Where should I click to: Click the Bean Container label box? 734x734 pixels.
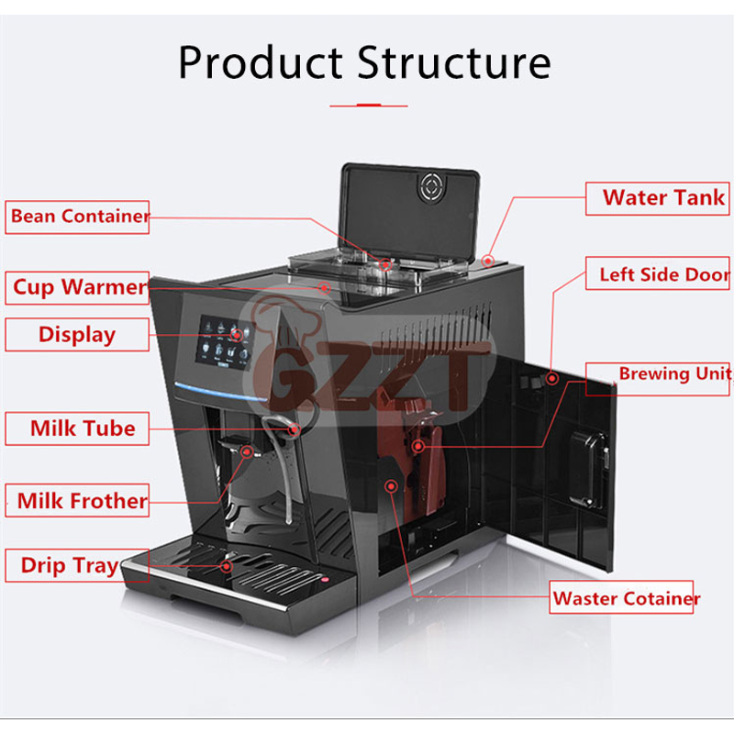(x=77, y=217)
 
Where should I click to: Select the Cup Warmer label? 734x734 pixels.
(x=77, y=288)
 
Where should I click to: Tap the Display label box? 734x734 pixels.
(x=77, y=335)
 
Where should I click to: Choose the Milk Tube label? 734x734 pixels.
(x=77, y=428)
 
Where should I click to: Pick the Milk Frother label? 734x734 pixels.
(x=77, y=500)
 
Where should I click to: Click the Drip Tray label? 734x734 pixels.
(x=77, y=565)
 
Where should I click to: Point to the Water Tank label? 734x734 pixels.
(x=657, y=198)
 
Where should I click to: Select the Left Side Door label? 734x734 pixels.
(x=657, y=272)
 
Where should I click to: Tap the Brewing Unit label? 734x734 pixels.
(x=657, y=379)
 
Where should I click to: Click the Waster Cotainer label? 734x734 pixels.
(x=621, y=597)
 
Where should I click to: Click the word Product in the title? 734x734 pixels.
(x=261, y=62)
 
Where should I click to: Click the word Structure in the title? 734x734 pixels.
(x=454, y=62)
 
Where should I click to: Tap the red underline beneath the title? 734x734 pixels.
(x=369, y=106)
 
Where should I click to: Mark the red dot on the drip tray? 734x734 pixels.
(x=227, y=566)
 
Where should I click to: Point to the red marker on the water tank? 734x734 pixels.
(x=488, y=261)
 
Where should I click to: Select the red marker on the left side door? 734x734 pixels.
(x=552, y=378)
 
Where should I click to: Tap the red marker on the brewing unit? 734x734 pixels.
(x=418, y=446)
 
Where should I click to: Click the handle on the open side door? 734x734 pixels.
(x=590, y=470)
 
